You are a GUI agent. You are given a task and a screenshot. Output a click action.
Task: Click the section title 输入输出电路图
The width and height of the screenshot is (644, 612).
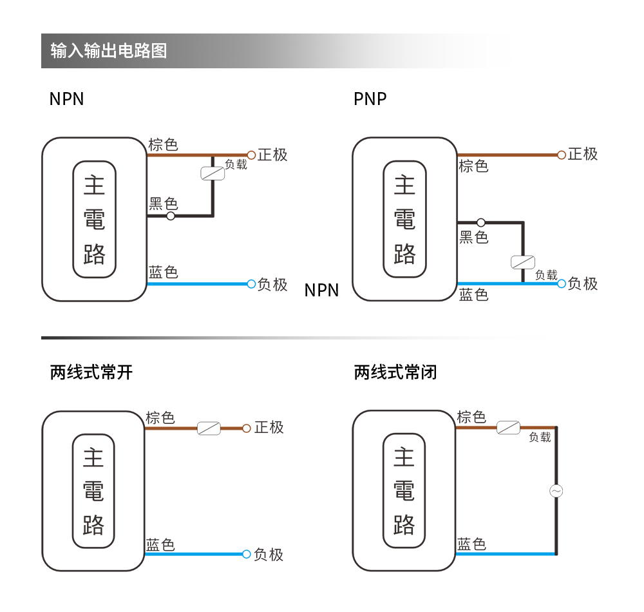click(x=108, y=51)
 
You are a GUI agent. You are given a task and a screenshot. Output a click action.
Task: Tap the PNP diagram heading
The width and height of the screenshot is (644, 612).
click(x=370, y=99)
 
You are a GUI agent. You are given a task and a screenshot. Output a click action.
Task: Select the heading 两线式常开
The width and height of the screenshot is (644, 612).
click(x=91, y=372)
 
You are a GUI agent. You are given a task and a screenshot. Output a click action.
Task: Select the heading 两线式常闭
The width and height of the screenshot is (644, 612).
click(x=395, y=372)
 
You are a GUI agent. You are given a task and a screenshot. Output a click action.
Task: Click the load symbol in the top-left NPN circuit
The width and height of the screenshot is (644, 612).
click(x=213, y=173)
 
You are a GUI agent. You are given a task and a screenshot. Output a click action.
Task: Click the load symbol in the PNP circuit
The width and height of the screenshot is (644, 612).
click(x=522, y=262)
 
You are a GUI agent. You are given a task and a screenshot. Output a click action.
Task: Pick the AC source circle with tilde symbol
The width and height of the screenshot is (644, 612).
click(x=556, y=491)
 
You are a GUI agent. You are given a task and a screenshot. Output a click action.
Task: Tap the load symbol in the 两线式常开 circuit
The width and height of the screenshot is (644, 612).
click(x=209, y=428)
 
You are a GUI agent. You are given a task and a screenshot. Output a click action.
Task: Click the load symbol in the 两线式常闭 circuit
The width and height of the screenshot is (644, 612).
click(x=508, y=427)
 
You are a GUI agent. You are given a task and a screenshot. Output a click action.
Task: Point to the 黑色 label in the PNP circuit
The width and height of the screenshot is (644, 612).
click(x=473, y=238)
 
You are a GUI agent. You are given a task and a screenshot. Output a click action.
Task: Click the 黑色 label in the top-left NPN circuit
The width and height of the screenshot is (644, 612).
click(x=163, y=204)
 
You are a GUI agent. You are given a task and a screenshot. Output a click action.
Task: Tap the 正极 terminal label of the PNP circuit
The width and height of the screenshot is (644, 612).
click(x=583, y=154)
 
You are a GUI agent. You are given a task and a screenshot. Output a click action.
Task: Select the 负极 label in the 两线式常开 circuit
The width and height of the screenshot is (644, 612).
click(x=269, y=555)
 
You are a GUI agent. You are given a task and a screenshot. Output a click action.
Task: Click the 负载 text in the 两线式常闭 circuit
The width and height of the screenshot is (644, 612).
click(x=540, y=437)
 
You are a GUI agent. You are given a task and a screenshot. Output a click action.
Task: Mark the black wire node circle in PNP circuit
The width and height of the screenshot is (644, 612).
click(x=481, y=222)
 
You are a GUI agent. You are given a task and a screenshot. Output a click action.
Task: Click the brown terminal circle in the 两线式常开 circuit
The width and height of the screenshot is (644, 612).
click(x=246, y=428)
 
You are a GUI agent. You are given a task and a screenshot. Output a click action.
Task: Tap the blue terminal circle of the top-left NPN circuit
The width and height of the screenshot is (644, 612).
click(x=252, y=284)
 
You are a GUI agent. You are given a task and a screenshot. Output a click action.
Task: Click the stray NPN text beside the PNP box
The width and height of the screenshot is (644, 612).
click(x=321, y=291)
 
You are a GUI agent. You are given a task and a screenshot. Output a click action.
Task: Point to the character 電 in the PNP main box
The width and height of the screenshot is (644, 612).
click(x=404, y=220)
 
